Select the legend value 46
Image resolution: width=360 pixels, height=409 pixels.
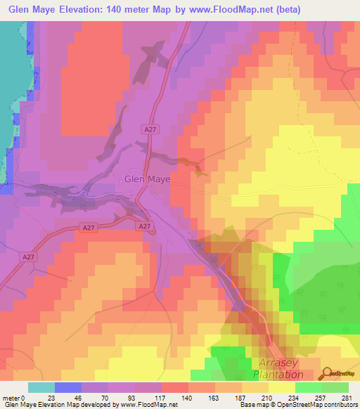click(x=80, y=397)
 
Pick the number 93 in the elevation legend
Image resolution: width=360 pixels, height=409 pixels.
click(x=135, y=397)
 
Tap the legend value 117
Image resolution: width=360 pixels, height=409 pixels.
click(x=162, y=397)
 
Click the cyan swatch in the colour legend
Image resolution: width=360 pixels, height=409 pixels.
click(x=41, y=387)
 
